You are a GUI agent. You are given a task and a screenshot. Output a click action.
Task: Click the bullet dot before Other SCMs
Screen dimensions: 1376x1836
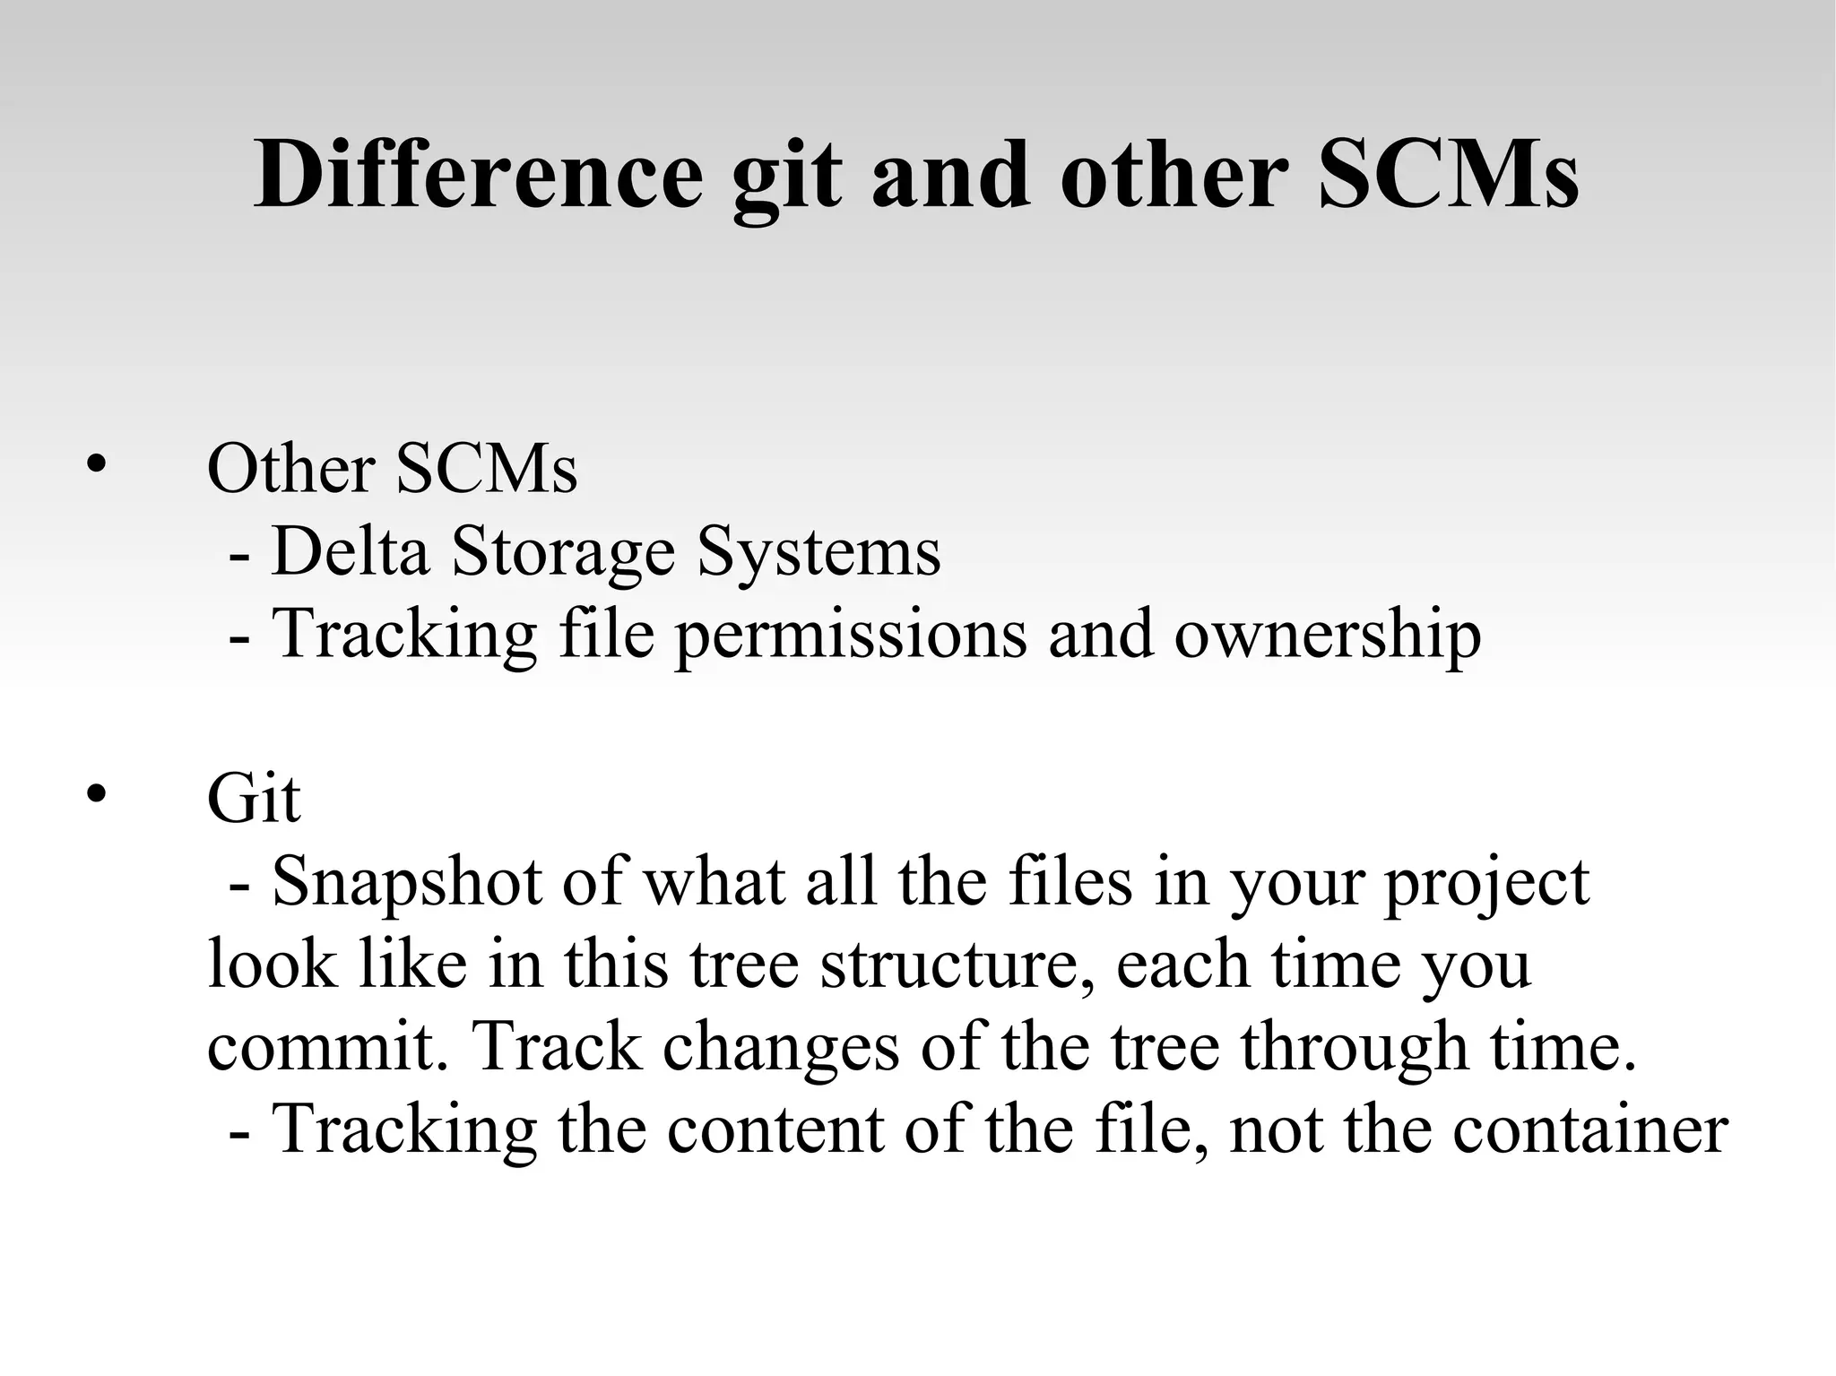[x=96, y=464]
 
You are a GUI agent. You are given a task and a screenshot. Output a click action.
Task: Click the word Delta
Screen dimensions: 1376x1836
[x=350, y=550]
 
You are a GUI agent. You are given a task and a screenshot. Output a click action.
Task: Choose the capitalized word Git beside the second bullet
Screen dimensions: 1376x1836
[x=253, y=798]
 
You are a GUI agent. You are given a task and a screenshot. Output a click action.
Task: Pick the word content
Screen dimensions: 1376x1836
[x=775, y=1129]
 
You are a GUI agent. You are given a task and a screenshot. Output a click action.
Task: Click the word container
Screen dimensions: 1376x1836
[x=1589, y=1129]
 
